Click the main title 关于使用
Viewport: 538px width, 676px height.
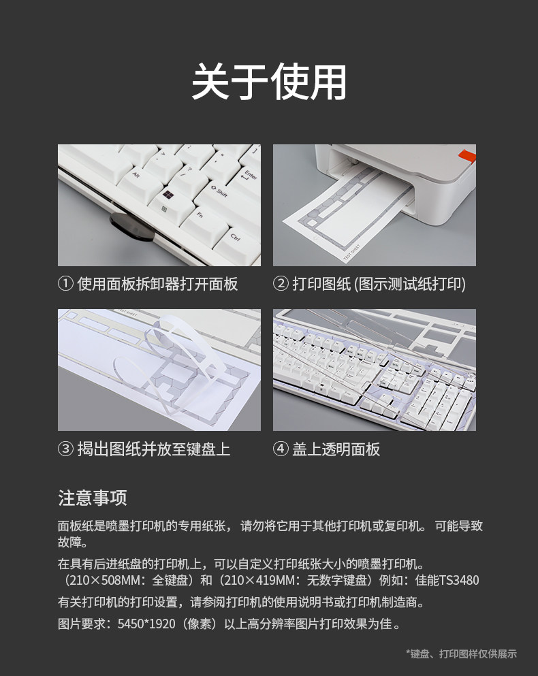coord(269,82)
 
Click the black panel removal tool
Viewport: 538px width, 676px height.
coord(131,226)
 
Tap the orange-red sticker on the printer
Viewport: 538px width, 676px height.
coord(467,156)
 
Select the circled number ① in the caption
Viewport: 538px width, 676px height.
coord(65,284)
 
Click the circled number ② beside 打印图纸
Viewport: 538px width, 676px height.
coord(281,284)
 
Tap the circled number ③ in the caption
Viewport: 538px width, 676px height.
coord(65,449)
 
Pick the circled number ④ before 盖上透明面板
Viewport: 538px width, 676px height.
coord(281,449)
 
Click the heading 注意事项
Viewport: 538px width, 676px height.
coord(93,498)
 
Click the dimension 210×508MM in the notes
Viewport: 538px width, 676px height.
coord(103,580)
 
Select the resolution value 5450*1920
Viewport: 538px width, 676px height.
coord(146,624)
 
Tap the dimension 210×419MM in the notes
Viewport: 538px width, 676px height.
coord(259,580)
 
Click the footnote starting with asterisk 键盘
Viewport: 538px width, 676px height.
coord(461,654)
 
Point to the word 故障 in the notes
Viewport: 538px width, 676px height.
coord(70,542)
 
